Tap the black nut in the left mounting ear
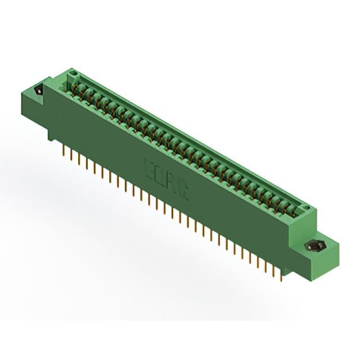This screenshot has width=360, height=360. (39, 91)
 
